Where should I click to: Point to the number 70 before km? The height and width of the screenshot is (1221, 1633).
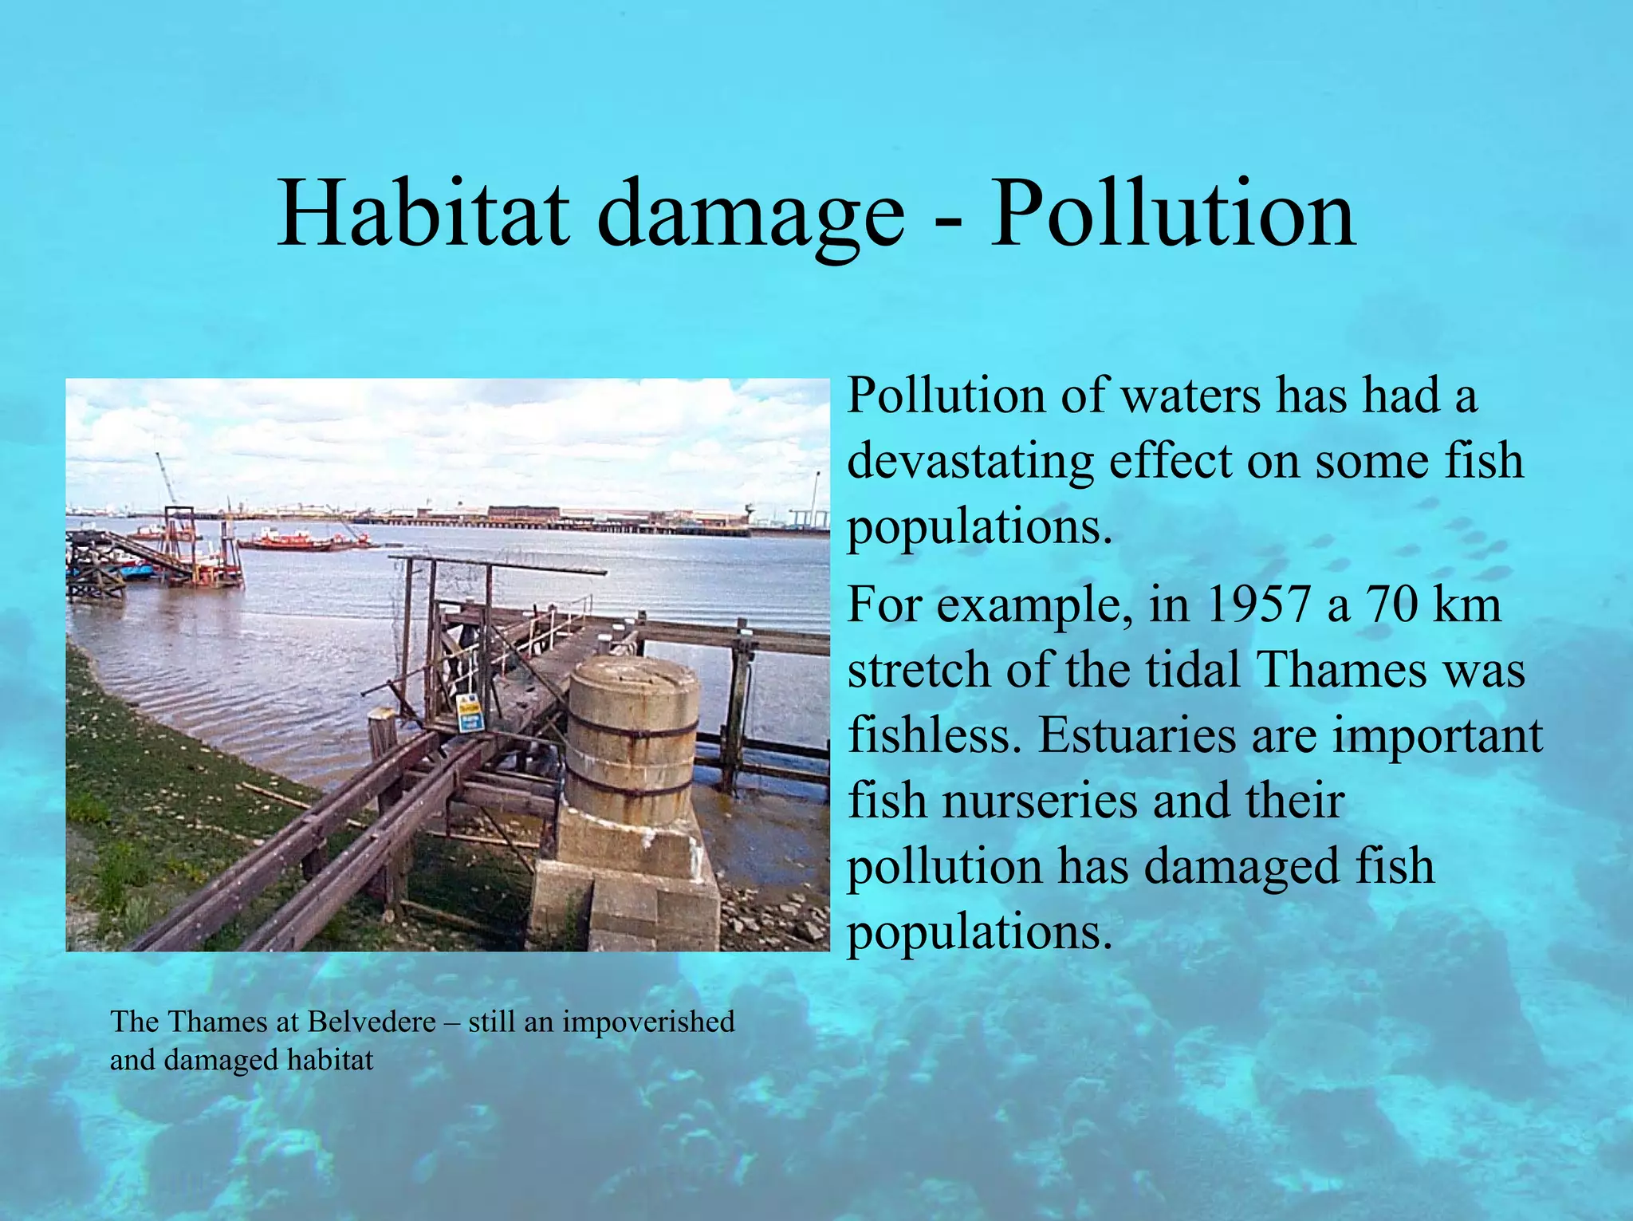tap(1392, 605)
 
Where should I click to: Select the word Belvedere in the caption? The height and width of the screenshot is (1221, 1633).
tap(372, 1022)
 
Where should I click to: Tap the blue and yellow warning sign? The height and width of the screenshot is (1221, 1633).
tap(470, 713)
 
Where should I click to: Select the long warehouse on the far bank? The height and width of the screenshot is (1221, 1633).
tap(522, 514)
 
